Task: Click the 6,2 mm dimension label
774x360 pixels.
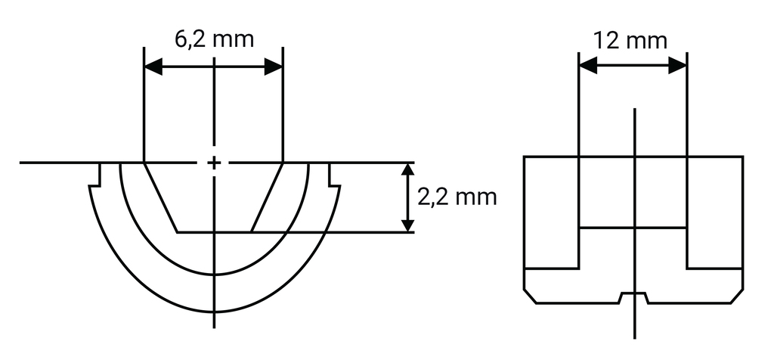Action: (213, 39)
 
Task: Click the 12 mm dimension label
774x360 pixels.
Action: (631, 39)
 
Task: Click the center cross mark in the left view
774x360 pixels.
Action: (215, 163)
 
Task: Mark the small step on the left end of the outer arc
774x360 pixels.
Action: (96, 181)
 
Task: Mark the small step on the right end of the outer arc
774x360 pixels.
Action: (334, 181)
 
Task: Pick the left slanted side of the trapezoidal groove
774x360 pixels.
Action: (161, 197)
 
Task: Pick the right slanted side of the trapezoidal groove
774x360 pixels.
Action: (267, 197)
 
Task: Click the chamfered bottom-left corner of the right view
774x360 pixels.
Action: (530, 296)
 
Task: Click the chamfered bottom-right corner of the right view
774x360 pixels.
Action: (737, 296)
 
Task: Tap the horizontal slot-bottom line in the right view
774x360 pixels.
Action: (633, 228)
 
